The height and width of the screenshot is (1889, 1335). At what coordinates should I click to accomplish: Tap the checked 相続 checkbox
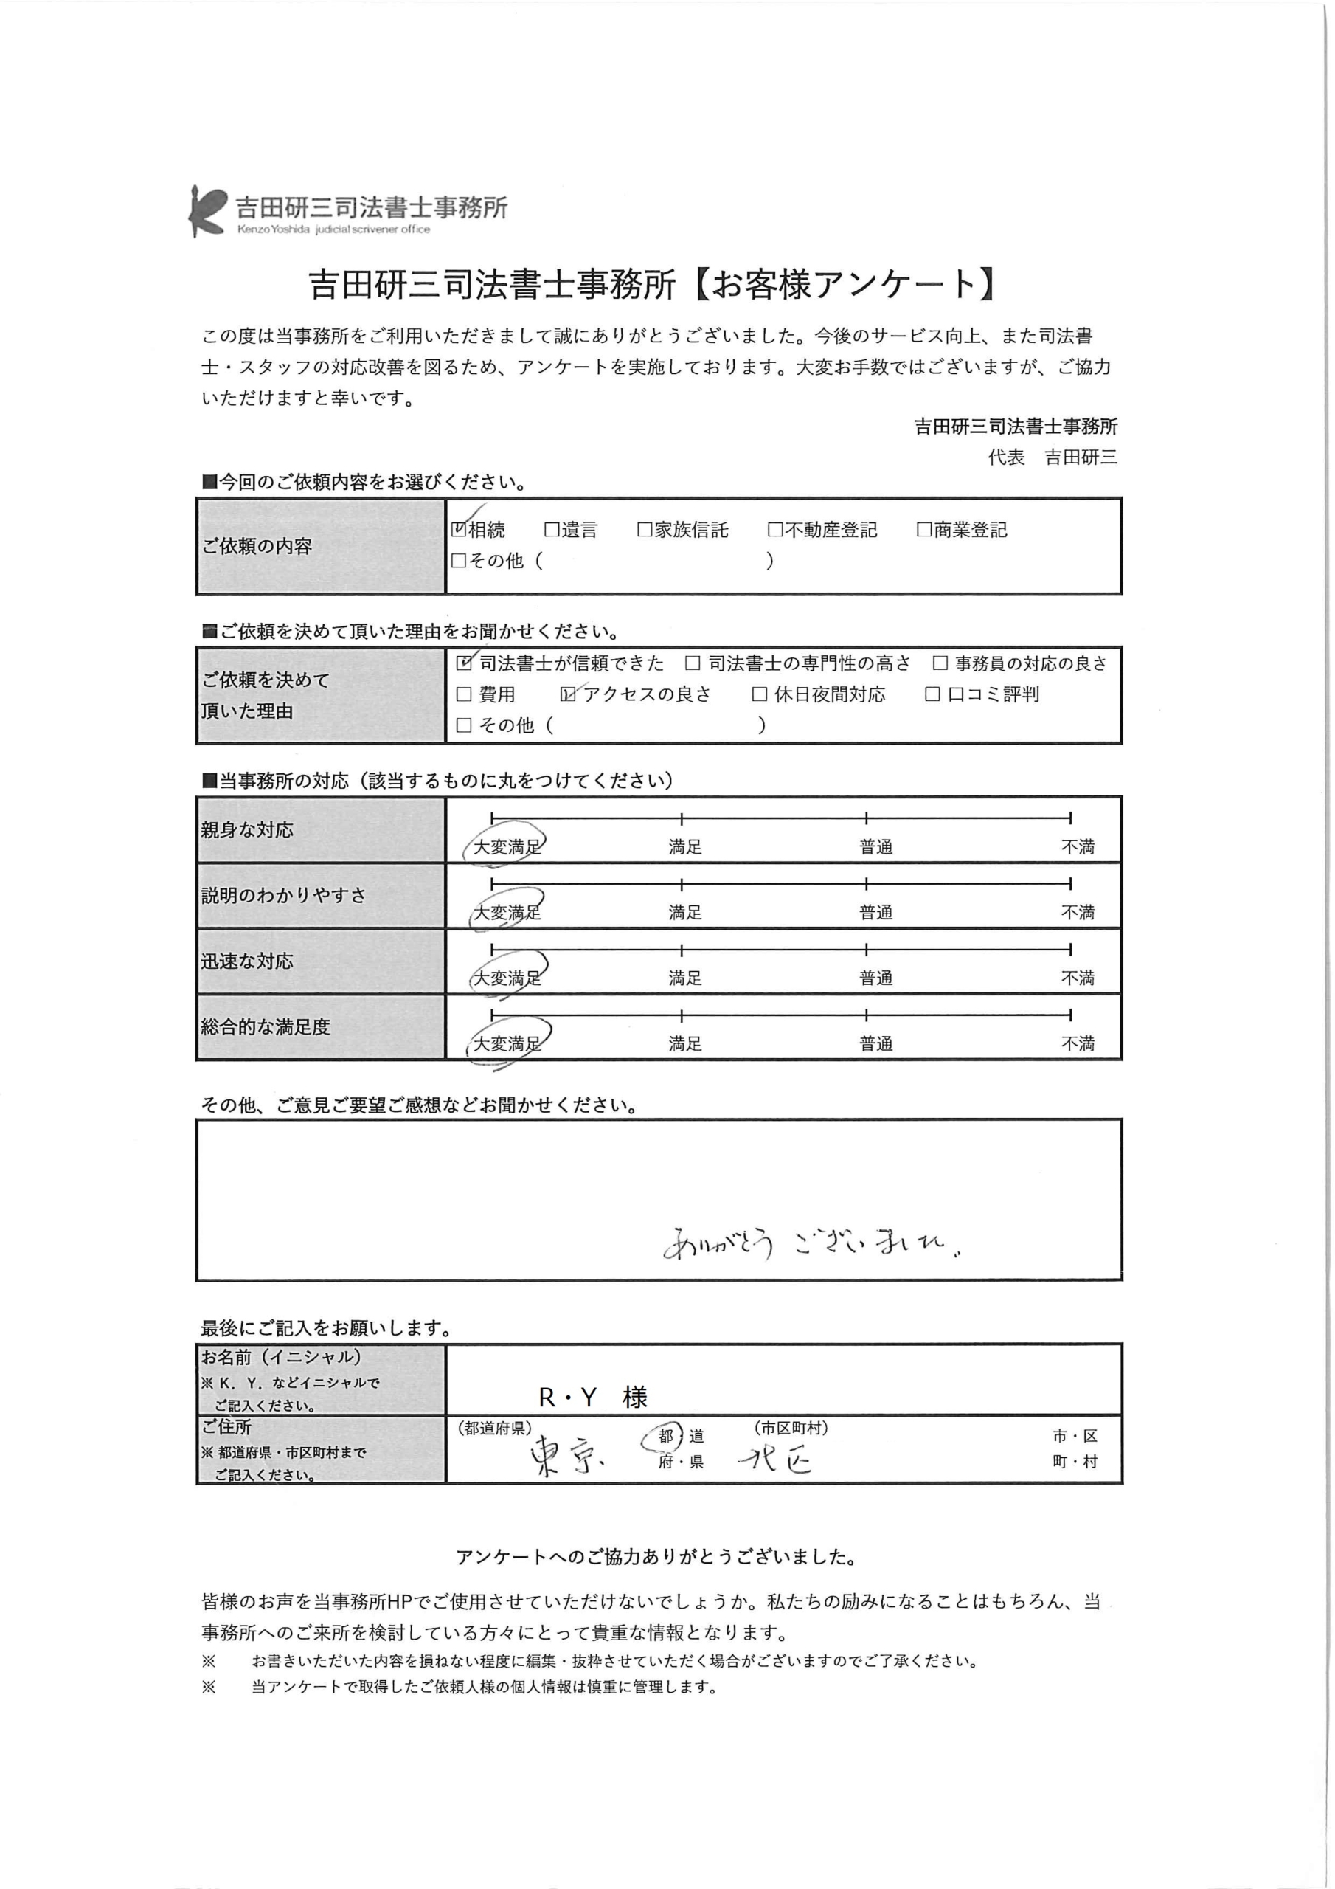(x=459, y=529)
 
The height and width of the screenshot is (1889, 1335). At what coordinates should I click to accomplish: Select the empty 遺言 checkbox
(x=551, y=530)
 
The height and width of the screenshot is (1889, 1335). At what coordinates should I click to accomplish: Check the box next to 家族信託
(x=645, y=530)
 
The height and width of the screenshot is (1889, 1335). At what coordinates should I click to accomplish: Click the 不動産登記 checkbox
(x=775, y=530)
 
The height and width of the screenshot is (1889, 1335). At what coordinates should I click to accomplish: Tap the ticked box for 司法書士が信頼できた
(x=465, y=663)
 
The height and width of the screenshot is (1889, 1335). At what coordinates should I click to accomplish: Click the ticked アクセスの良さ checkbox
(x=569, y=694)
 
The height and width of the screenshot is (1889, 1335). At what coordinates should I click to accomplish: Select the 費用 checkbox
(x=465, y=694)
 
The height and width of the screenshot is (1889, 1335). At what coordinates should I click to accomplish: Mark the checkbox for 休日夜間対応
(x=760, y=694)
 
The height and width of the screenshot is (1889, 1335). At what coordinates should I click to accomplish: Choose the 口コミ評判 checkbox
(x=933, y=694)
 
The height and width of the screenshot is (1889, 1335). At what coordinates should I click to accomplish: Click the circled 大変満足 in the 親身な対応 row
(x=507, y=846)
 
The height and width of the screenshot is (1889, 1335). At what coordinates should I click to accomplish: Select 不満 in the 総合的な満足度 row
(x=1078, y=1044)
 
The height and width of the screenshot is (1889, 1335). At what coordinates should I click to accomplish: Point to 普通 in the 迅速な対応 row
(x=876, y=978)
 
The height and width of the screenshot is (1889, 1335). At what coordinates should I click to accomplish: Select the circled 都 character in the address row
(x=665, y=1436)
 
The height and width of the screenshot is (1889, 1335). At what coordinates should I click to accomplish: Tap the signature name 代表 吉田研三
(x=1052, y=457)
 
